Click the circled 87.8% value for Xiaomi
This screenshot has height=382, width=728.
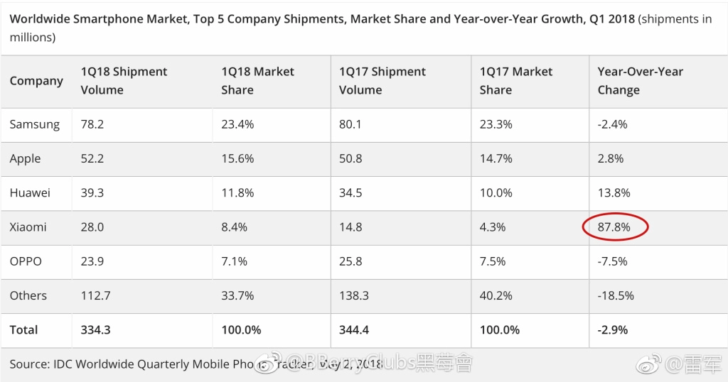coord(614,227)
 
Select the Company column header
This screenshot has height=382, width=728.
coord(36,81)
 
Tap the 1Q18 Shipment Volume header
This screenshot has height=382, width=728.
coord(124,81)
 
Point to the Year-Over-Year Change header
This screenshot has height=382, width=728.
coord(641,81)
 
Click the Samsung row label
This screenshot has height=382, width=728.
coord(35,125)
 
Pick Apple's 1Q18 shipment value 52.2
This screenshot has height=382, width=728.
coord(92,158)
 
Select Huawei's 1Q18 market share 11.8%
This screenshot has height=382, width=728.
coord(237,193)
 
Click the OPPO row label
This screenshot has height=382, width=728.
coord(26,261)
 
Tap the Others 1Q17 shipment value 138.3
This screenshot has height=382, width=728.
coord(354,296)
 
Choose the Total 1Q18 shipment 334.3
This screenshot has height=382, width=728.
coord(96,330)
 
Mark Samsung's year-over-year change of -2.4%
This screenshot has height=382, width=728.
coord(612,124)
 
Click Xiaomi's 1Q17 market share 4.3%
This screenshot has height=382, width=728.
coord(493,227)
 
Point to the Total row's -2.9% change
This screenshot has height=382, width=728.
coord(613,330)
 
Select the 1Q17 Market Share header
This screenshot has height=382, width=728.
coord(516,81)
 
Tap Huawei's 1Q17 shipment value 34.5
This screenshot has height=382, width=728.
coord(350,193)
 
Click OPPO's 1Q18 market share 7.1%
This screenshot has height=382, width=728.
coord(234,261)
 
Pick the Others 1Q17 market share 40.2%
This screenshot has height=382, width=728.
coord(496,296)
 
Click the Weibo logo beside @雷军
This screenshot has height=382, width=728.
coord(648,364)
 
